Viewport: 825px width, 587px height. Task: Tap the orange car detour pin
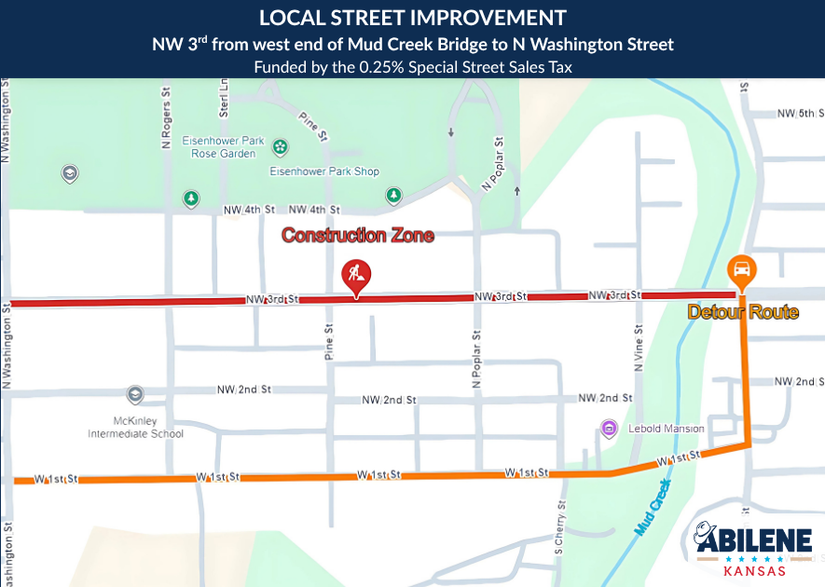click(742, 270)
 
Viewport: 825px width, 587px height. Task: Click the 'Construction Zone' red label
click(358, 236)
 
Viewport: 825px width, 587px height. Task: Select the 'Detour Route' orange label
click(743, 312)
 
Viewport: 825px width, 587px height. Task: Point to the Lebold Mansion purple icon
click(610, 428)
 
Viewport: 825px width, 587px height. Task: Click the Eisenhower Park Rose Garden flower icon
click(280, 146)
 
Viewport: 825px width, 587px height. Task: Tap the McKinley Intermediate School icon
click(136, 394)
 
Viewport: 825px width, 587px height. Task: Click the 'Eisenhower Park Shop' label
click(324, 171)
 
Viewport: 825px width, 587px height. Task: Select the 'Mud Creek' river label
click(653, 508)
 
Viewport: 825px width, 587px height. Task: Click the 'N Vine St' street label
click(639, 348)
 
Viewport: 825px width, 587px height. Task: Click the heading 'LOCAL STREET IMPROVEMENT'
click(412, 18)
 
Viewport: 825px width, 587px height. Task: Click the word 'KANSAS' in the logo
click(747, 570)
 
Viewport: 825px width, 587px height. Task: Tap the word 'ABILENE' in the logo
click(753, 541)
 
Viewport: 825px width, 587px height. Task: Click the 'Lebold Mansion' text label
click(665, 429)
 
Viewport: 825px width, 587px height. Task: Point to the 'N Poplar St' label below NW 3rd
click(476, 359)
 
